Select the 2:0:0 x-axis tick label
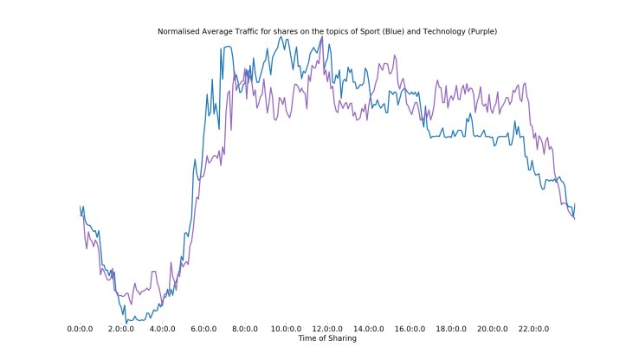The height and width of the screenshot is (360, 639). tap(121, 330)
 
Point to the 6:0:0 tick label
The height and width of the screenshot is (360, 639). tap(203, 330)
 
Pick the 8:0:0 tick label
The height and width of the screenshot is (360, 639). tap(245, 330)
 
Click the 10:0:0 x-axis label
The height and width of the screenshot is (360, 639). tap(286, 330)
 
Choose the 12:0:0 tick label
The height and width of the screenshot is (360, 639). tap(327, 330)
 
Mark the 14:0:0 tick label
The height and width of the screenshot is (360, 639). tap(369, 330)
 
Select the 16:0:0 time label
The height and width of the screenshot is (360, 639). tap(410, 330)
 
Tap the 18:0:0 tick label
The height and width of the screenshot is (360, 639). tap(451, 330)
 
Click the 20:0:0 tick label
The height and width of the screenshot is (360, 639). tap(493, 330)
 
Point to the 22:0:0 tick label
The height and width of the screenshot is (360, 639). tap(533, 330)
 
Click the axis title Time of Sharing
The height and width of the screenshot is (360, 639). tap(327, 338)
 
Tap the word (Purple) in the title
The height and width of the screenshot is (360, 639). tap(481, 31)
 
